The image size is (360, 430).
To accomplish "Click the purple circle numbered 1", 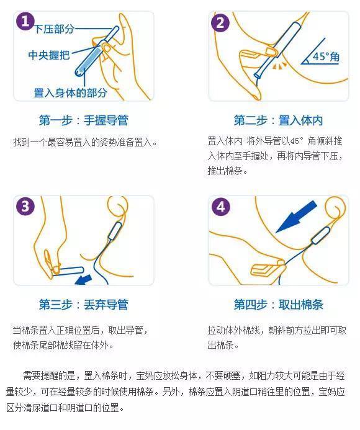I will pos(25,22).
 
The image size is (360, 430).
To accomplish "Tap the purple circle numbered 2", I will pos(220,23).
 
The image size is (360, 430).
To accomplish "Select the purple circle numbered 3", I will pos(25,207).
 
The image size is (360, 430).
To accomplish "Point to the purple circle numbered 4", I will pos(220,207).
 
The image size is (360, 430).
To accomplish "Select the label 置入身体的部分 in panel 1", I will pos(70,93).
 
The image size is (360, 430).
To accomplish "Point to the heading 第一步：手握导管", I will pos(83,120).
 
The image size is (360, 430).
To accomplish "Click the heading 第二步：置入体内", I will pos(278,120).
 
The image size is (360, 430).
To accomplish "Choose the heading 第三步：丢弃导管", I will pos(83,305).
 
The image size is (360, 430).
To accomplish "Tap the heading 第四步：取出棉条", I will pos(278,305).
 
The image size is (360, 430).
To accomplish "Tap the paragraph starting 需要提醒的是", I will pos(180,392).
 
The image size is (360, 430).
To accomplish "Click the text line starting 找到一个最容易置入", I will pos(85,142).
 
